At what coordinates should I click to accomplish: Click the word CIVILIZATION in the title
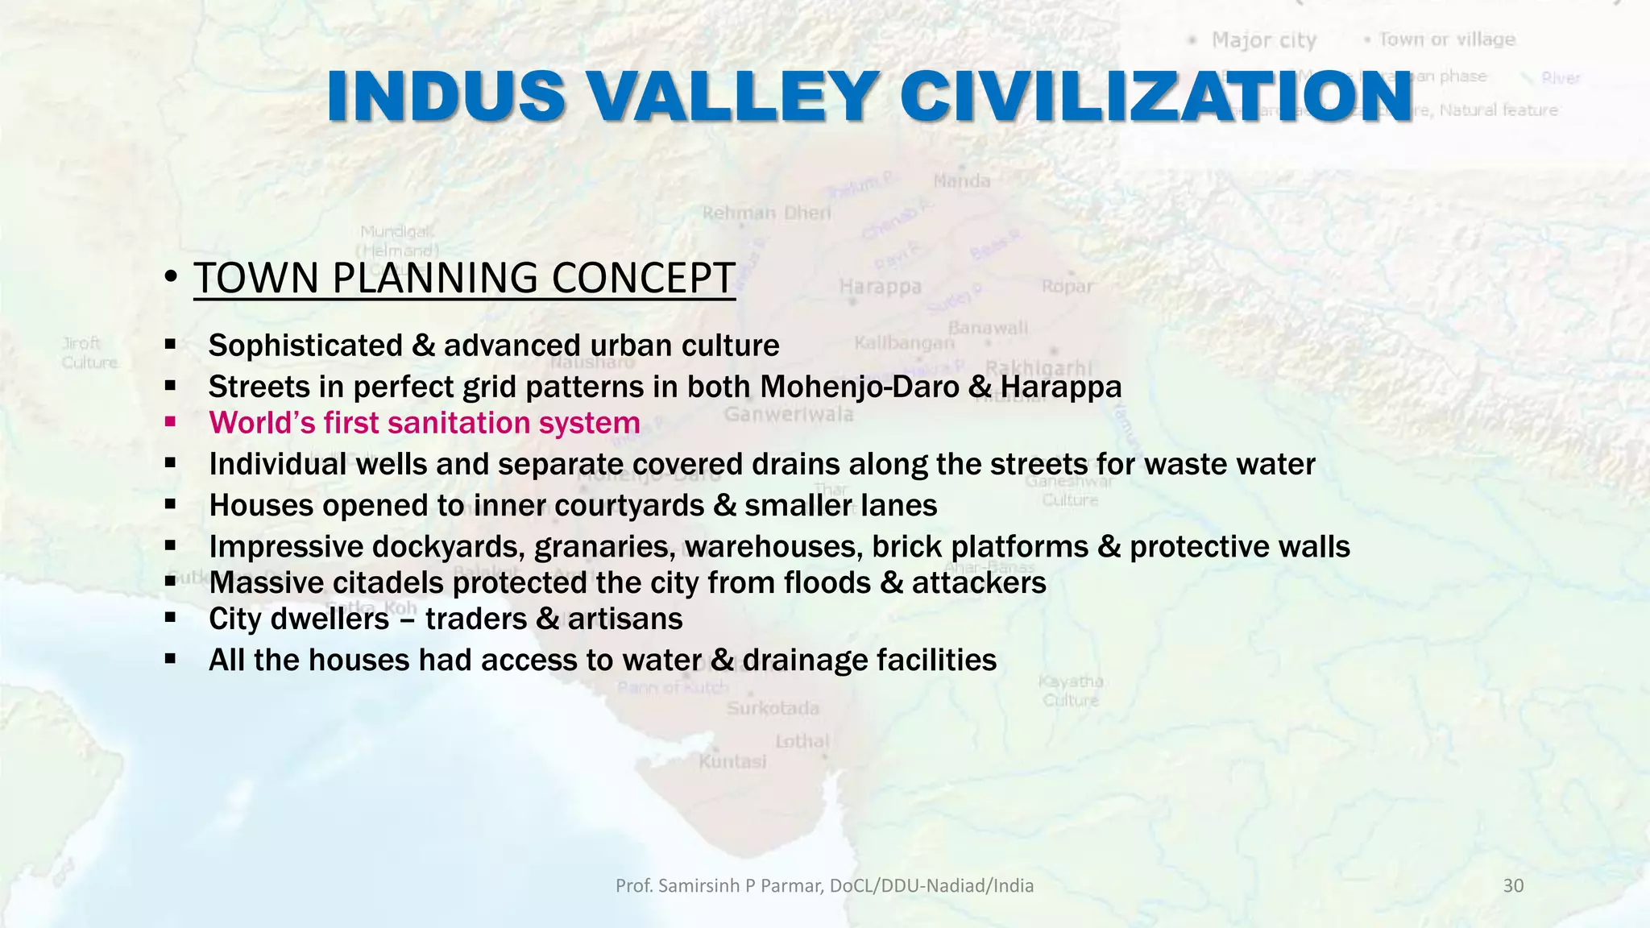coord(1155,97)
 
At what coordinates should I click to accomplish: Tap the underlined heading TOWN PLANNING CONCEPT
coord(464,278)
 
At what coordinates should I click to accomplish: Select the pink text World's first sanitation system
coord(424,423)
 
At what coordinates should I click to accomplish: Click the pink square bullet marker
coord(170,420)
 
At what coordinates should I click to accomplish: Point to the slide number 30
coord(1513,886)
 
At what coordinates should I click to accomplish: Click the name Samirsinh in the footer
coord(699,886)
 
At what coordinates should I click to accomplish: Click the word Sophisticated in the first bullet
coord(305,346)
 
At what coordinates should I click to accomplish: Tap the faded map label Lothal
coord(802,741)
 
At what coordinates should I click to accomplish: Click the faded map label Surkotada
coord(773,708)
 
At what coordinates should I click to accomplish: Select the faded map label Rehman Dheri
coord(766,213)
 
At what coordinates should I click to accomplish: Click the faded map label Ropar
coord(1067,286)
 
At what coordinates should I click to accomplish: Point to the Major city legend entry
coord(1262,40)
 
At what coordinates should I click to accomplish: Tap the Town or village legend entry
coord(1446,39)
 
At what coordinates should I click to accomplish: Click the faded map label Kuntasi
coord(732,761)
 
